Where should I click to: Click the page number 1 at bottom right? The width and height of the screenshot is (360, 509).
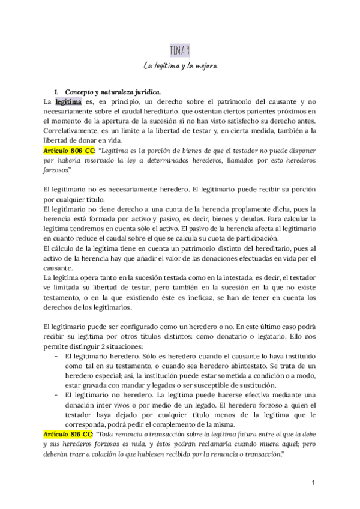point(313,483)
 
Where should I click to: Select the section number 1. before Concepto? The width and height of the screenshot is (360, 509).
point(56,92)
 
